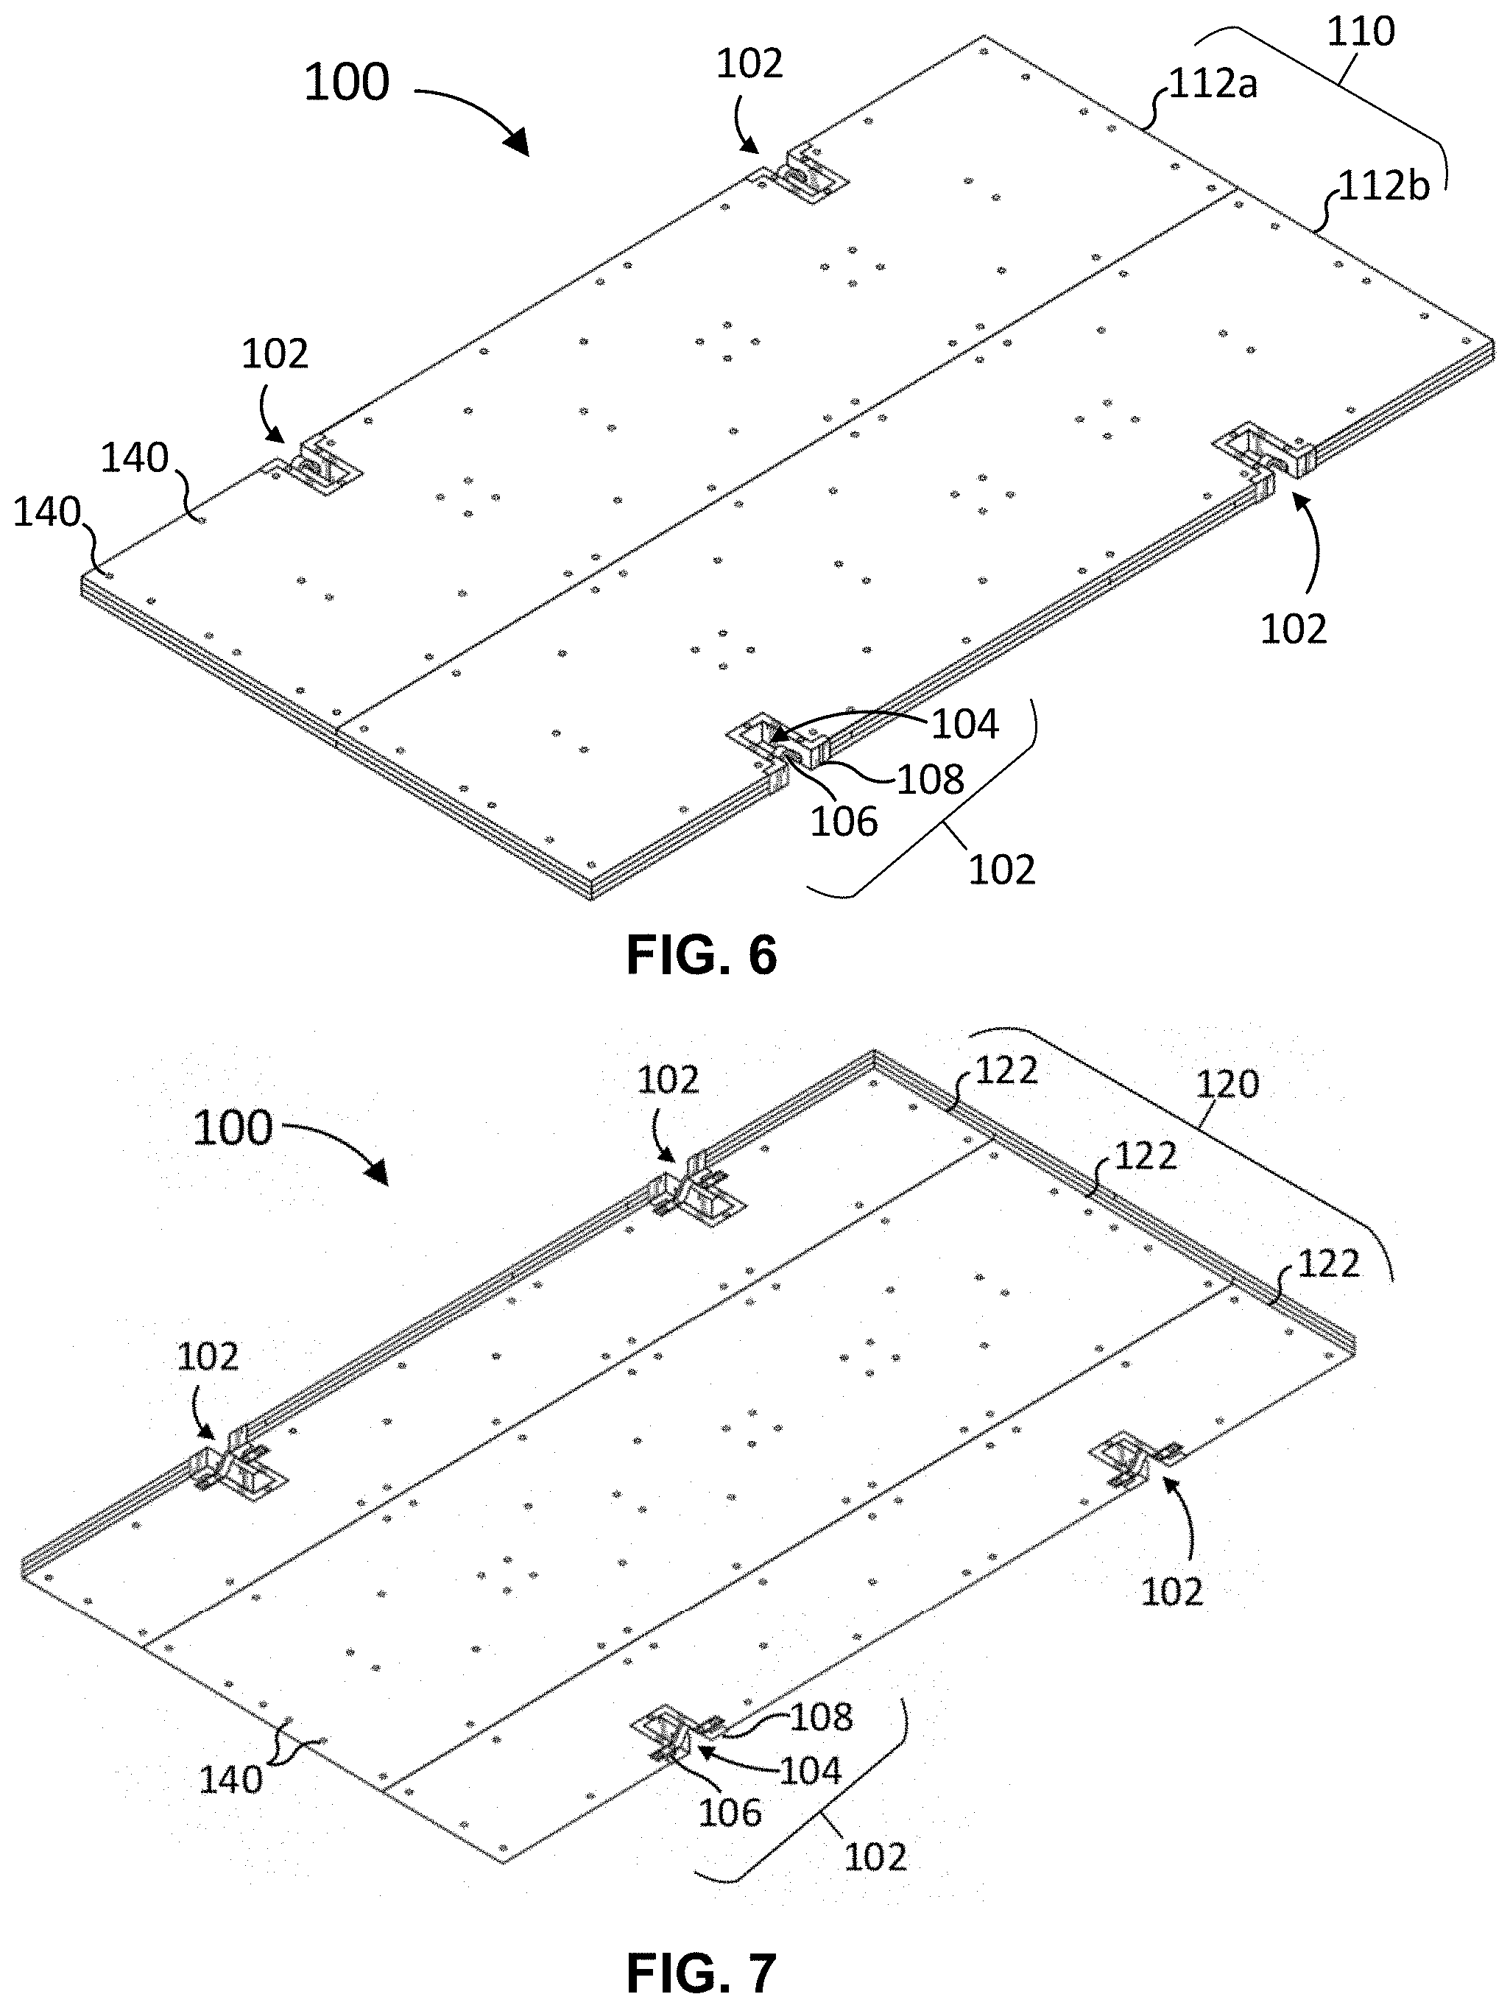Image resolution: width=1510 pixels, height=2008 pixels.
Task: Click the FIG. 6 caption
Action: [x=702, y=955]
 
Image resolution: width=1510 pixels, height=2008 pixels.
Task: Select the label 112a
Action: [x=1213, y=85]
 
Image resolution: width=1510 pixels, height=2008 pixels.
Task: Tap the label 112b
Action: [x=1384, y=186]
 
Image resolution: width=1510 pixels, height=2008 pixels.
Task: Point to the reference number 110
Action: [x=1361, y=32]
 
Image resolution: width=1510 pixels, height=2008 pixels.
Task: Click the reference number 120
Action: [x=1228, y=1084]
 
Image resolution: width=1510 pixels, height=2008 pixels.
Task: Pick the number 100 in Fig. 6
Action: [x=346, y=82]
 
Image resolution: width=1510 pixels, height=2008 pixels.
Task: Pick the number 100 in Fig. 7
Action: [x=233, y=1127]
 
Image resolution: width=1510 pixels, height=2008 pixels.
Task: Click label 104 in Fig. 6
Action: [x=964, y=724]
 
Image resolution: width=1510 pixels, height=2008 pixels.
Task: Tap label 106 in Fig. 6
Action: [x=844, y=822]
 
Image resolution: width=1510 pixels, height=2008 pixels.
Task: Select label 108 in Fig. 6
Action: [x=930, y=780]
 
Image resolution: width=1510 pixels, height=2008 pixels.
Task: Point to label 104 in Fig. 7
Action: [x=811, y=1769]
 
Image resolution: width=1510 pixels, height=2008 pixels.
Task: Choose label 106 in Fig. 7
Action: [x=730, y=1813]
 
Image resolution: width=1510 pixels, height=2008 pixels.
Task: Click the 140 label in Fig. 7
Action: [x=230, y=1780]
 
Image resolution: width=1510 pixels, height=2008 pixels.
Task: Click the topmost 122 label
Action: [x=1006, y=1071]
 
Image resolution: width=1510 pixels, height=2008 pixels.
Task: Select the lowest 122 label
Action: [x=1330, y=1264]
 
